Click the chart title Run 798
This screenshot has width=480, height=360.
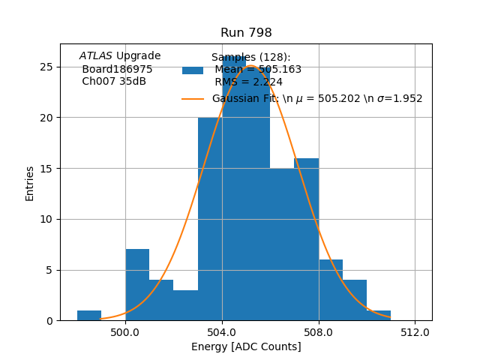(246, 33)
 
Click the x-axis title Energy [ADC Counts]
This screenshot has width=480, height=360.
(246, 346)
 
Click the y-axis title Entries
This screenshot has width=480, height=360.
(30, 183)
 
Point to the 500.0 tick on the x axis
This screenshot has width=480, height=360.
(125, 331)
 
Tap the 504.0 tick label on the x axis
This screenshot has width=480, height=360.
(222, 331)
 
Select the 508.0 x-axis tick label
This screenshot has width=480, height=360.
(319, 331)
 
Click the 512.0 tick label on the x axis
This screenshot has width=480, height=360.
(415, 331)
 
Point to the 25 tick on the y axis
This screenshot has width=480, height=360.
(46, 67)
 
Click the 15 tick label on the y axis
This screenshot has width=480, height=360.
(46, 168)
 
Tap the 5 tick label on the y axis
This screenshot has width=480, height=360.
(49, 270)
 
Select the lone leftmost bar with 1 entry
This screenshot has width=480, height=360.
(89, 316)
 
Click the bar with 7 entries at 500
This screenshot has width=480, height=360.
(137, 285)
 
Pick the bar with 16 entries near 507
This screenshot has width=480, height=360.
(307, 240)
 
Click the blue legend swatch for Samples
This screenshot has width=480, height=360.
(193, 70)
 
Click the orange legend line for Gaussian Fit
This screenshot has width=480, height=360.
(193, 99)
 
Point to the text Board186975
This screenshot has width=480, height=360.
(117, 69)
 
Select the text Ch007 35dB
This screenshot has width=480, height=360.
(114, 82)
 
